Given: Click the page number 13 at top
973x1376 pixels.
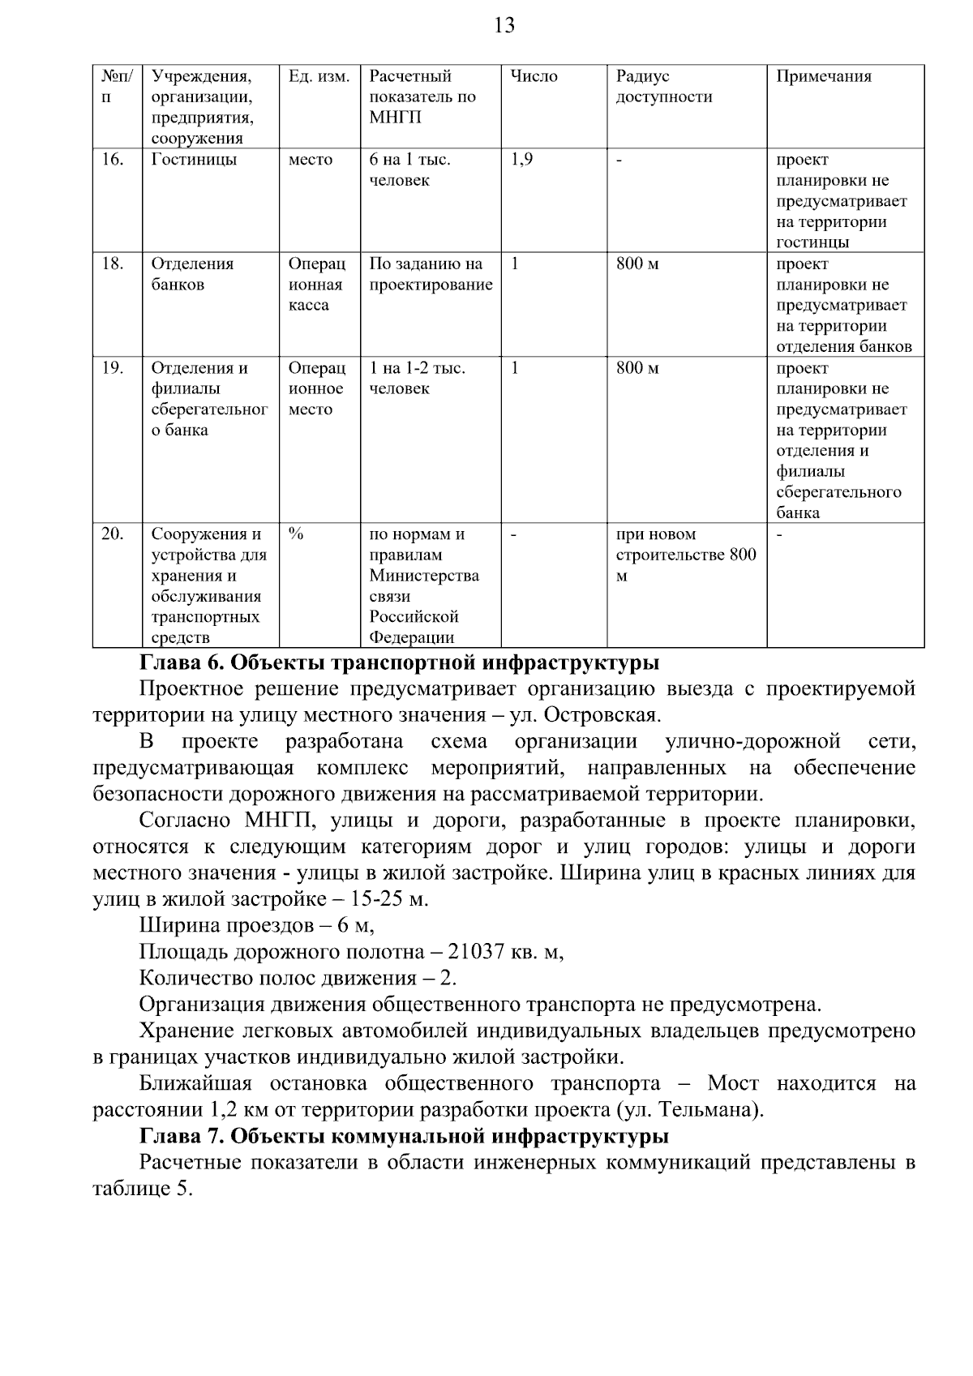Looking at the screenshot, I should coord(504,26).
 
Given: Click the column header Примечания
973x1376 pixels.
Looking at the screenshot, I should coord(824,76).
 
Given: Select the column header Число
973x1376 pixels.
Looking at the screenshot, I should coord(534,76).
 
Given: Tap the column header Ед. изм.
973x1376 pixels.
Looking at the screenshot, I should coord(319,76).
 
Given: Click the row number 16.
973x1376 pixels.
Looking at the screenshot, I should coord(112,159).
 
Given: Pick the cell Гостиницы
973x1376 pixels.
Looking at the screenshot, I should coord(194,159).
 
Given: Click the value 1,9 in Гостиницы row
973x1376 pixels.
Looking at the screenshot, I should coord(522,159).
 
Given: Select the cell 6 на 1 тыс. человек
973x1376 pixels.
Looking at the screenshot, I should coord(410,169).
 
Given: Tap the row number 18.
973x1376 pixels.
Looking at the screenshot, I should coord(112,264).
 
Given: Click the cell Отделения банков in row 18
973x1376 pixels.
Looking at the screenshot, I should coord(192,274).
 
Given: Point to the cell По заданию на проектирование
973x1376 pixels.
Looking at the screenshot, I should coord(431,274).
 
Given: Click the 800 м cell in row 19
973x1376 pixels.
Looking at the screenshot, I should coord(637,368).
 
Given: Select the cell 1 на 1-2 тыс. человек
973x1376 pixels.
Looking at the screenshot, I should coord(417,378).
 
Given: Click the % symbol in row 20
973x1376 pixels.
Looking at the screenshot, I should coord(296,534).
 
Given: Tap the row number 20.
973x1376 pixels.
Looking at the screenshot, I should coord(112,534).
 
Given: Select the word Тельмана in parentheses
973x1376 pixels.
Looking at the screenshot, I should coord(716,1110).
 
